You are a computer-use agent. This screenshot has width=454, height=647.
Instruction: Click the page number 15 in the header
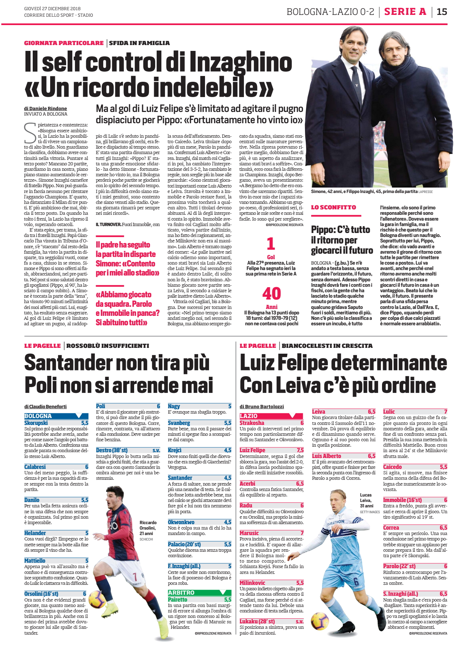click(x=442, y=12)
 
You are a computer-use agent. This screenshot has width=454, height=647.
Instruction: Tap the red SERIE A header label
click(x=405, y=12)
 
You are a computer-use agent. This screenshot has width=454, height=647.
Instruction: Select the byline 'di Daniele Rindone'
click(x=45, y=108)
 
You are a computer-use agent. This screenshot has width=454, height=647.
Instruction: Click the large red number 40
click(x=272, y=294)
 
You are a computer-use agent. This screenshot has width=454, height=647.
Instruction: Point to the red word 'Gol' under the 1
click(x=271, y=257)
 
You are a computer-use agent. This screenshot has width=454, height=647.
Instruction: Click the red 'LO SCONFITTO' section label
click(x=333, y=207)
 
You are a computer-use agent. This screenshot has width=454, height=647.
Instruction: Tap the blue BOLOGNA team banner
click(x=56, y=416)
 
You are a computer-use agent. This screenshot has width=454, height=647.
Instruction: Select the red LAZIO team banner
click(x=271, y=416)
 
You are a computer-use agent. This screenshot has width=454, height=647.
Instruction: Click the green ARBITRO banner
click(x=199, y=592)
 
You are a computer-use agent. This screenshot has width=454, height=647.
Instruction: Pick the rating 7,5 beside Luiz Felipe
click(x=300, y=450)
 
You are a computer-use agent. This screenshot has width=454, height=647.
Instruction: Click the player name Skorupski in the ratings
click(x=36, y=423)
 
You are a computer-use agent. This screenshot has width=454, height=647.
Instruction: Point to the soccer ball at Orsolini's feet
click(x=98, y=598)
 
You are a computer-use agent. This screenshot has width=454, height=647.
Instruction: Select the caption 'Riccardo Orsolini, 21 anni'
click(x=148, y=528)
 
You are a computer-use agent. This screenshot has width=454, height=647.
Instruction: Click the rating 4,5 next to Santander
click(x=228, y=478)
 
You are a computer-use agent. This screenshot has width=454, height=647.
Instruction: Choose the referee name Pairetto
click(x=177, y=599)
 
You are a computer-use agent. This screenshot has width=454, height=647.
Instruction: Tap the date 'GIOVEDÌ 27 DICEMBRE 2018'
click(x=52, y=8)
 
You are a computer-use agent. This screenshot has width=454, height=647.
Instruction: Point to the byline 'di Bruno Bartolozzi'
click(x=262, y=406)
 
